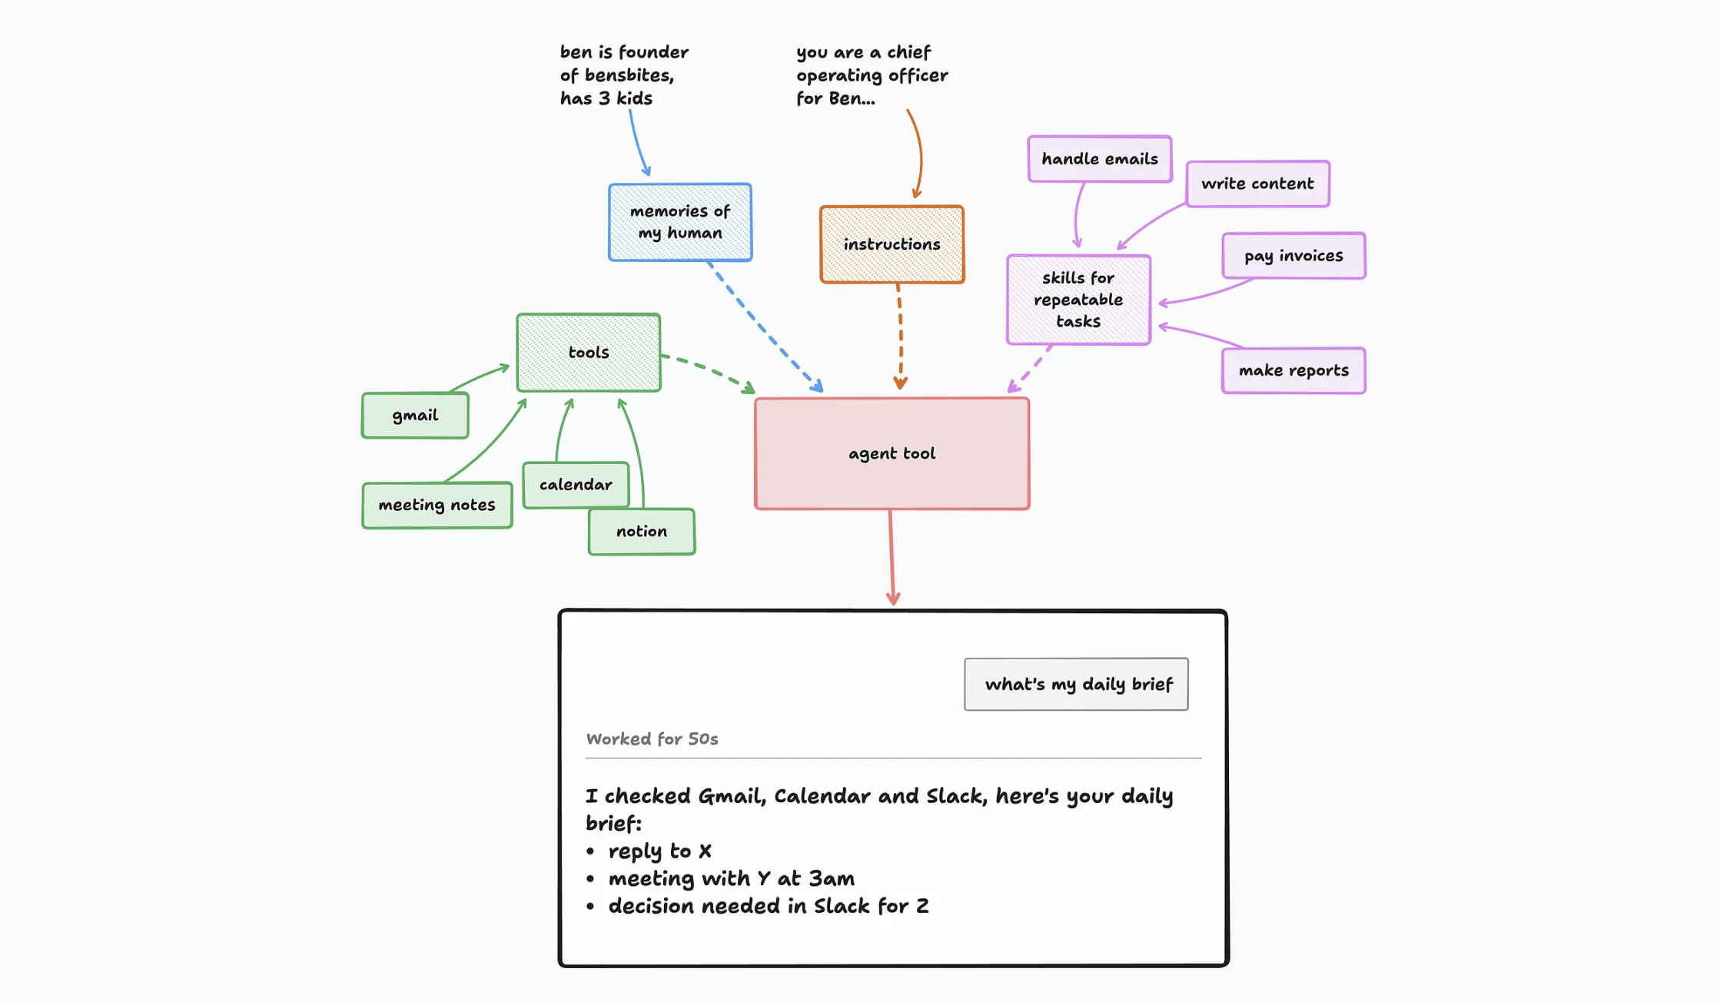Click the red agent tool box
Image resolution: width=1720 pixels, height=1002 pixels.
pos(892,453)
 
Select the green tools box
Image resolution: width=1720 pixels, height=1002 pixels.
pos(589,353)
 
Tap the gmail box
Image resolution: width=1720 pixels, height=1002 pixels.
pos(415,416)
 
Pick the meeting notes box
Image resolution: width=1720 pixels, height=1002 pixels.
pos(437,506)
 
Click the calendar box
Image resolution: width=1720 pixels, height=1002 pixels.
pos(576,485)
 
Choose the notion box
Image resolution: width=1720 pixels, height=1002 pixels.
pos(642,532)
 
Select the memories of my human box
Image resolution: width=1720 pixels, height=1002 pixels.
pos(680,222)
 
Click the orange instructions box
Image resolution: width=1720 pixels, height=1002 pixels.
pos(892,244)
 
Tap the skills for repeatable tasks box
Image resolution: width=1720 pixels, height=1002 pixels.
pos(1078,300)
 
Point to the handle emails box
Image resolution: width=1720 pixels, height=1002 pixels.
pos(1100,159)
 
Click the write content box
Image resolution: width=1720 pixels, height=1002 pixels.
pos(1257,184)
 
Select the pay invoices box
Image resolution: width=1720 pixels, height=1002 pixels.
pos(1293,256)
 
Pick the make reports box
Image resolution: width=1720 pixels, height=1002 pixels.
pos(1293,370)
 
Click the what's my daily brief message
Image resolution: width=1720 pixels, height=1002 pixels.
pos(1076,684)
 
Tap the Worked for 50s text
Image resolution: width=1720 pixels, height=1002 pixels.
pos(652,739)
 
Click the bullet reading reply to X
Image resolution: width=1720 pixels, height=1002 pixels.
pos(649,851)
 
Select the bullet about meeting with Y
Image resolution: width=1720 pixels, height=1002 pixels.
pos(720,879)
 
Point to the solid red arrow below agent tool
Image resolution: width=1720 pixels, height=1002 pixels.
pos(892,557)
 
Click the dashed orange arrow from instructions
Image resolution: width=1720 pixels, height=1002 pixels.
pos(900,337)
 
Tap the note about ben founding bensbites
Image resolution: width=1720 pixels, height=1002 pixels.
pos(624,75)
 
